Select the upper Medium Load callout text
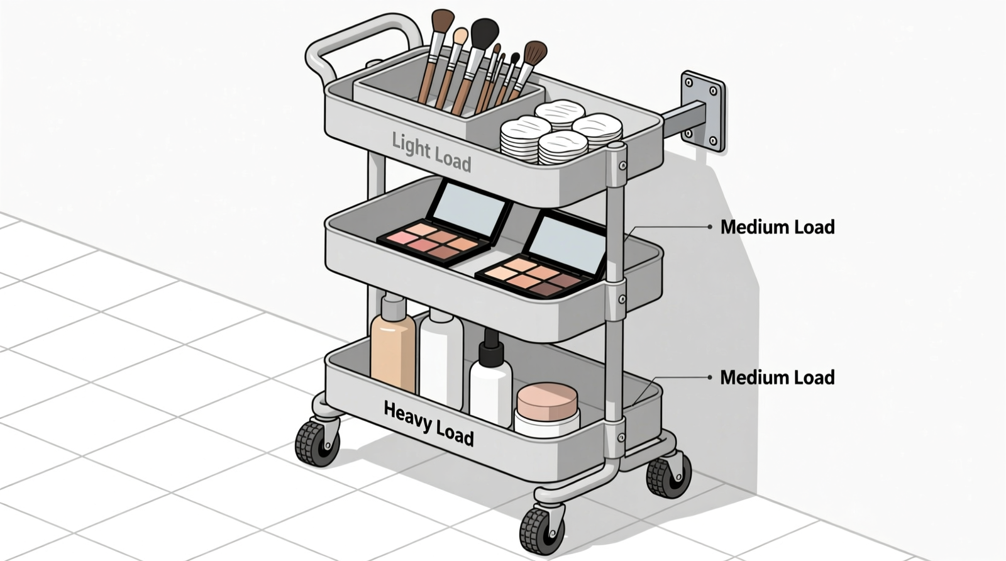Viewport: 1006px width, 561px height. (x=777, y=227)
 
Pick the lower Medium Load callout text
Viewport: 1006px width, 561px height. (x=777, y=377)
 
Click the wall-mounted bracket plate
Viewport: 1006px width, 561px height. (x=703, y=111)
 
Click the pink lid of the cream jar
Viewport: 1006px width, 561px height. (x=547, y=401)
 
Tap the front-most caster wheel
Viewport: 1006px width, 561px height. (x=541, y=530)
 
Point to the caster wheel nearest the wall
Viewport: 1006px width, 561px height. (x=668, y=476)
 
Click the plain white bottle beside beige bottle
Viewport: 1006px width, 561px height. (x=441, y=362)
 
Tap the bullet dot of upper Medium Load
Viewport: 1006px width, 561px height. (x=710, y=227)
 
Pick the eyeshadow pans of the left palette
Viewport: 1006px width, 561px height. (x=434, y=242)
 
